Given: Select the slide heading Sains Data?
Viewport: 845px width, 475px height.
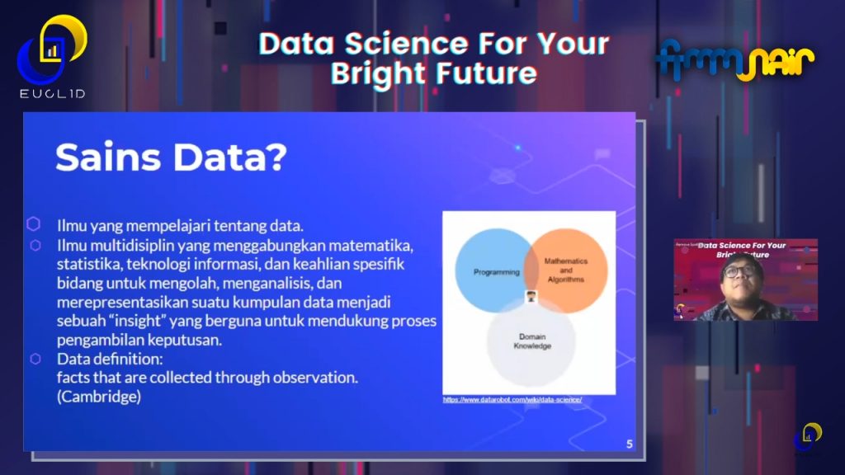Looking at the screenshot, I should [x=170, y=157].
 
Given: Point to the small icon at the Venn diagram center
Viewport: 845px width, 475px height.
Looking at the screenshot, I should [x=531, y=299].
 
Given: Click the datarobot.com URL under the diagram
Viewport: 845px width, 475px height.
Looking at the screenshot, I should [x=512, y=399].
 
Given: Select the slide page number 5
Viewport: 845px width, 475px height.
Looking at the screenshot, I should [x=630, y=444].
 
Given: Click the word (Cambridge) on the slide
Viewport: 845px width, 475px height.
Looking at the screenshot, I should [x=100, y=397].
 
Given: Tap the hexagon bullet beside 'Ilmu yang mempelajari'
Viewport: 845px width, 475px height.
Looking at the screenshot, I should [x=34, y=223].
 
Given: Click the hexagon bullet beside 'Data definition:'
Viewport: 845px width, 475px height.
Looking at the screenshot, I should [x=35, y=359].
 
